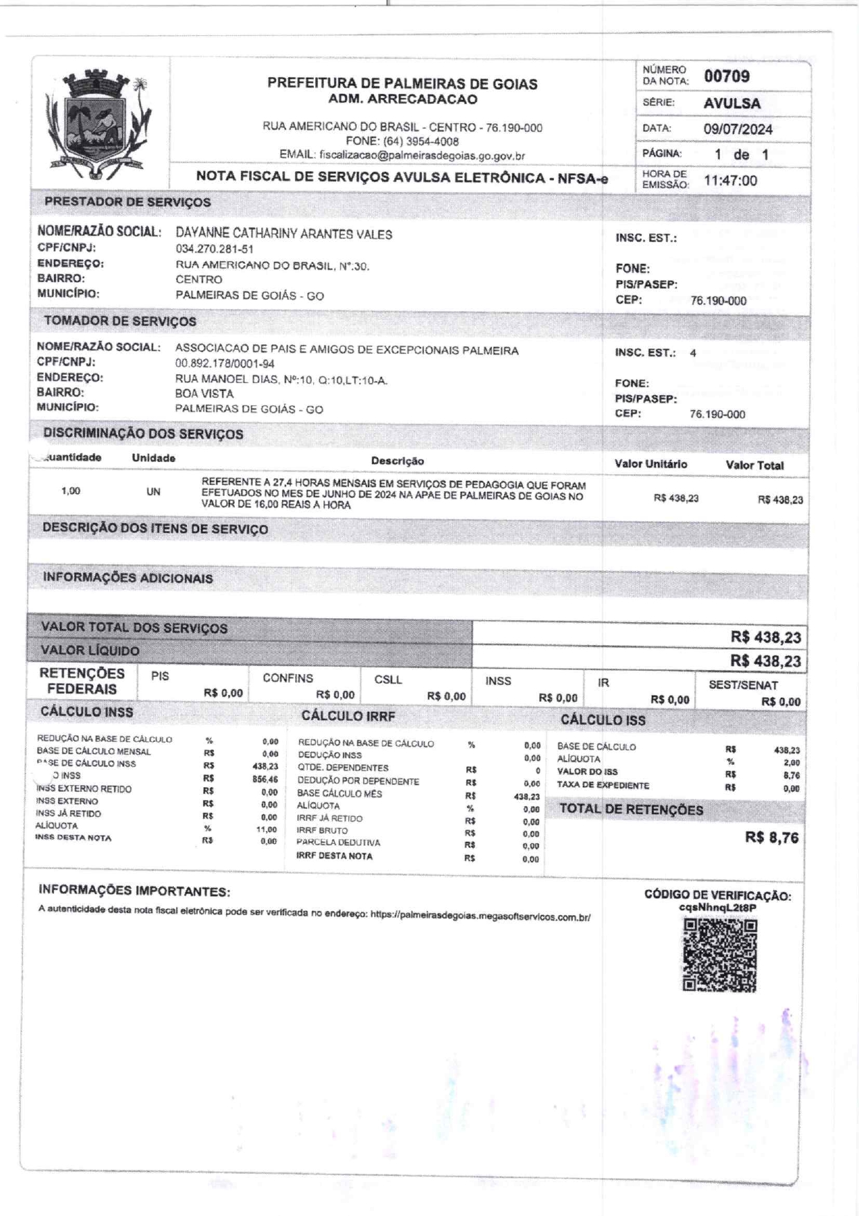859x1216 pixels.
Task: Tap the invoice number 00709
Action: [727, 76]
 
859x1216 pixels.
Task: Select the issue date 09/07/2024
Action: [738, 129]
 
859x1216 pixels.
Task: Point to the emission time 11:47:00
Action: [730, 181]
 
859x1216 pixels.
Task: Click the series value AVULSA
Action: [732, 103]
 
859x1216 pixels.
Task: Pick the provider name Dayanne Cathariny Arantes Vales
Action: [284, 234]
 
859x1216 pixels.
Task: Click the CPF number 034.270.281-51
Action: [214, 249]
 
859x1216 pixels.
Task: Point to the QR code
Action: [720, 955]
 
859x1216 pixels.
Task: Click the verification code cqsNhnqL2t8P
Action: [718, 908]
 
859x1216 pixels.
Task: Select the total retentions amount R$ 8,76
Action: [771, 838]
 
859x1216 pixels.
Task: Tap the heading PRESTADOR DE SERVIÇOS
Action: [127, 202]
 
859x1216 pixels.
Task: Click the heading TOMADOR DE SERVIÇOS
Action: [120, 321]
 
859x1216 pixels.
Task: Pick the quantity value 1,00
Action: [71, 491]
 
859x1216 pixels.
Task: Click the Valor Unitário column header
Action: [650, 464]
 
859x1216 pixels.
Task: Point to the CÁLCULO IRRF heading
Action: [348, 716]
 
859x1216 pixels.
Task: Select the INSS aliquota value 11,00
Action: [266, 829]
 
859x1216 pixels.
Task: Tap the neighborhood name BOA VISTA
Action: [204, 394]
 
